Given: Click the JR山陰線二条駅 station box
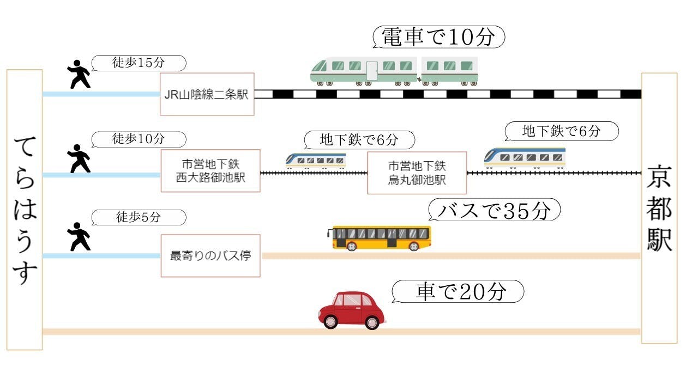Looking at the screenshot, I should [x=207, y=94].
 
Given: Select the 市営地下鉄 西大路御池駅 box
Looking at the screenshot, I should [x=210, y=171].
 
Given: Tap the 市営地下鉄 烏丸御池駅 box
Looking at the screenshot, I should [x=417, y=173].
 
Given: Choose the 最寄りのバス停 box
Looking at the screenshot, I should [x=210, y=255].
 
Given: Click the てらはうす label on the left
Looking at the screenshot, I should [x=25, y=210].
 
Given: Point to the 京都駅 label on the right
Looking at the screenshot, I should [x=659, y=208].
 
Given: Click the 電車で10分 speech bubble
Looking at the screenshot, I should [x=438, y=38].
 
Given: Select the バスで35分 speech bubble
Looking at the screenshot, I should [x=494, y=210].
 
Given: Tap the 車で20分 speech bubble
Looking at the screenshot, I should [x=458, y=292].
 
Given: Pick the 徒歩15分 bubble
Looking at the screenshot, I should [x=139, y=63].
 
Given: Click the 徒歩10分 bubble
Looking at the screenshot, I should [x=139, y=139].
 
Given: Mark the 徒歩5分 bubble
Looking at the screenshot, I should [x=139, y=218].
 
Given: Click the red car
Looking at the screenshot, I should [x=352, y=310].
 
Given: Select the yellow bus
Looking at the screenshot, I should [x=381, y=238].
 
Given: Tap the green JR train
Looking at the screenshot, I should [x=394, y=71].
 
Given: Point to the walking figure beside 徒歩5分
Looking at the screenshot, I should [x=80, y=236].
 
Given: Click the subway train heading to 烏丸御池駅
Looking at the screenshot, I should [x=315, y=160].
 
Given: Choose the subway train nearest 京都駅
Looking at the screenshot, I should [x=525, y=157].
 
